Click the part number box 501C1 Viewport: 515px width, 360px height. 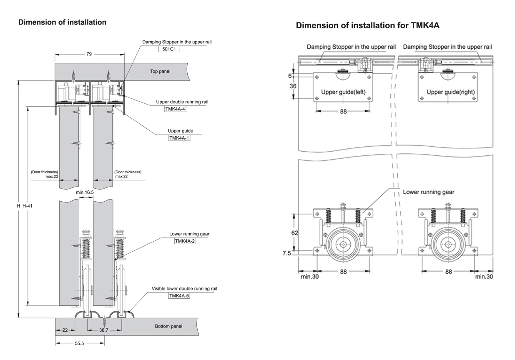166,49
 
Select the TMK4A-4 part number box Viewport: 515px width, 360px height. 175,109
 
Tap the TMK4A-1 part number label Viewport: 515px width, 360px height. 179,138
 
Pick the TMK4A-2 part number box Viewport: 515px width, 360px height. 185,241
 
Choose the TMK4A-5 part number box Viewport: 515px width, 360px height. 179,295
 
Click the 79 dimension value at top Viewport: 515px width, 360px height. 89,54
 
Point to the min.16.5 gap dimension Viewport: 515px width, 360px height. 85,192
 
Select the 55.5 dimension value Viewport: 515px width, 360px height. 79,343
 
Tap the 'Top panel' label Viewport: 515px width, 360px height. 160,71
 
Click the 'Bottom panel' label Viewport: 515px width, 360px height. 168,326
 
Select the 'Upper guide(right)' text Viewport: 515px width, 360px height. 450,92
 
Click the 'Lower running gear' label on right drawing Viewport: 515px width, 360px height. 428,192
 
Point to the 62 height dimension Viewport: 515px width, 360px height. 294,233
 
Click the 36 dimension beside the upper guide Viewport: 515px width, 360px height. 293,86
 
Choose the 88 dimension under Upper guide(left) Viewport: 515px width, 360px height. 343,111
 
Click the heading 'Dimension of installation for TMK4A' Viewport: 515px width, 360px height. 367,25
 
